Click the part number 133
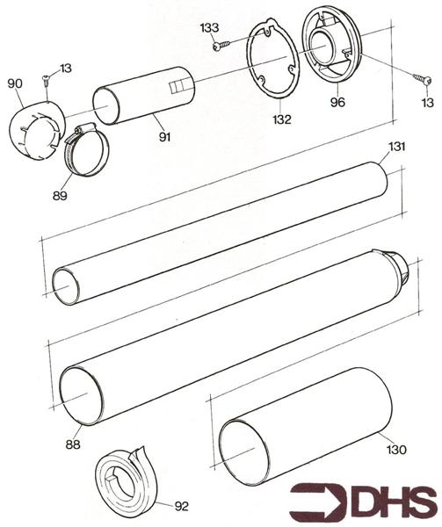tap(209, 28)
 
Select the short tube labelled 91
tap(145, 95)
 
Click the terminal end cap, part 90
tap(36, 133)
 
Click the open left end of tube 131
tap(66, 286)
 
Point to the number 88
tap(72, 444)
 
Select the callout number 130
tap(396, 450)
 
